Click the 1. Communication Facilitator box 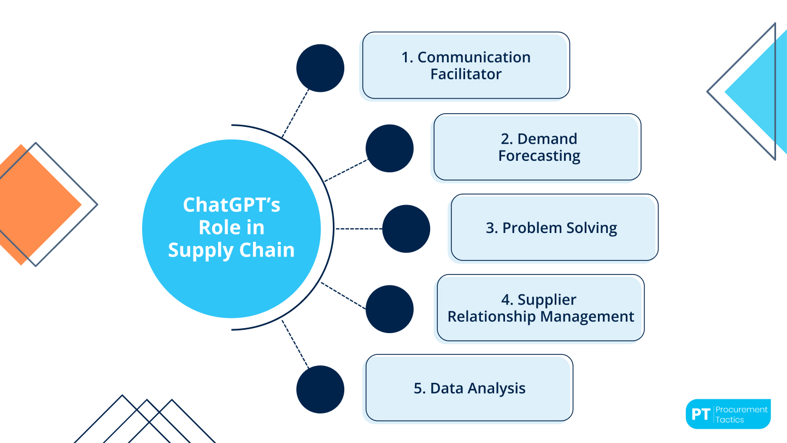pos(466,66)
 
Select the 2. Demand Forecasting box pos(537,147)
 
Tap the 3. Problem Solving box pos(554,228)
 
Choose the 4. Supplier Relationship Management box pos(541,308)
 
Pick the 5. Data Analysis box pos(469,388)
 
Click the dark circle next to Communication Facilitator pos(320,68)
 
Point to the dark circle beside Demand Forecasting pos(390,148)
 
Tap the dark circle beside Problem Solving pos(406,229)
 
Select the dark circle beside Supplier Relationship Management pos(390,309)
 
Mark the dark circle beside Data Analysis pos(320,389)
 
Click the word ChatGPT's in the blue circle pos(231,205)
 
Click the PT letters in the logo pos(700,414)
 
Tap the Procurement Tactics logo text pos(742,414)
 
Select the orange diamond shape pos(33,205)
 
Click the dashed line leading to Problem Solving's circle pos(358,229)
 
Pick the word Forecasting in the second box pos(539,156)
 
